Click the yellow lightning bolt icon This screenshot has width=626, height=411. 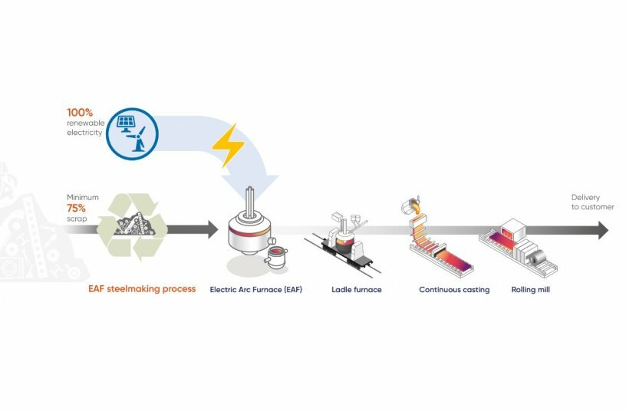(x=227, y=145)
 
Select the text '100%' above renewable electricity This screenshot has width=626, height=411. (x=80, y=112)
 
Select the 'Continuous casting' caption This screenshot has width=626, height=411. (x=454, y=290)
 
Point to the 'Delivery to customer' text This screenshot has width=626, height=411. (x=588, y=202)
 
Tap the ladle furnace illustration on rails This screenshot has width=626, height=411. (x=346, y=244)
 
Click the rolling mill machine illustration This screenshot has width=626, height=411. (x=518, y=245)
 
